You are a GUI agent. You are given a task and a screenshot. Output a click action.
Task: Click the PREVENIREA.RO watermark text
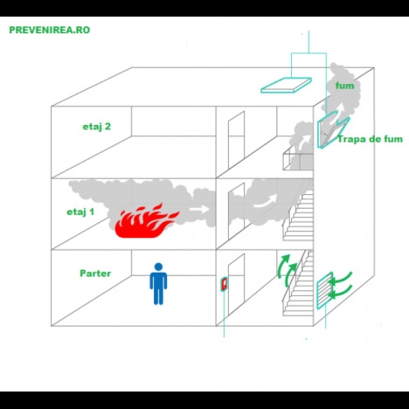tap(50, 30)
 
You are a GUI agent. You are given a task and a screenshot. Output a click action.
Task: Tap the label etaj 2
tap(97, 127)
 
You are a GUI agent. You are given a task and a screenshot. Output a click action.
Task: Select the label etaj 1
tap(80, 211)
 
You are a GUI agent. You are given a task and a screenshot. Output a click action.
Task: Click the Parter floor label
tap(95, 274)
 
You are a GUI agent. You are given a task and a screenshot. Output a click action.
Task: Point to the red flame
tap(146, 221)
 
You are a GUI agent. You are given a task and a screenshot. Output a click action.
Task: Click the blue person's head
tap(158, 267)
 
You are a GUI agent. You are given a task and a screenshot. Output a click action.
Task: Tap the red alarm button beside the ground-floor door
tap(224, 284)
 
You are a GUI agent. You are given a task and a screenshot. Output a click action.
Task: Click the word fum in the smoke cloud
tap(344, 86)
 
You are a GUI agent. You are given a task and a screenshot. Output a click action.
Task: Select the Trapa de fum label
tap(370, 139)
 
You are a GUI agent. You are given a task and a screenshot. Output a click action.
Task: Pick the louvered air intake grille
tap(325, 290)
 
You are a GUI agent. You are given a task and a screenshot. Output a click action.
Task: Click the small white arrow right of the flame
tap(199, 209)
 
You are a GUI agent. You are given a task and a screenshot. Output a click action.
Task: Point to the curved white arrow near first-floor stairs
tap(265, 202)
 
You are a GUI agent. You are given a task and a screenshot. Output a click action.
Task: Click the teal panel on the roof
tap(286, 85)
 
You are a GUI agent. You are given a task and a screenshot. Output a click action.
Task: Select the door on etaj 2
tap(236, 140)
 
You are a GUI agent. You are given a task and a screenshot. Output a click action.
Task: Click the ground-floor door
tap(236, 285)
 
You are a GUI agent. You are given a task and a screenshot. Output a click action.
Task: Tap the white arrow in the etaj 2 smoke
tap(305, 141)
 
